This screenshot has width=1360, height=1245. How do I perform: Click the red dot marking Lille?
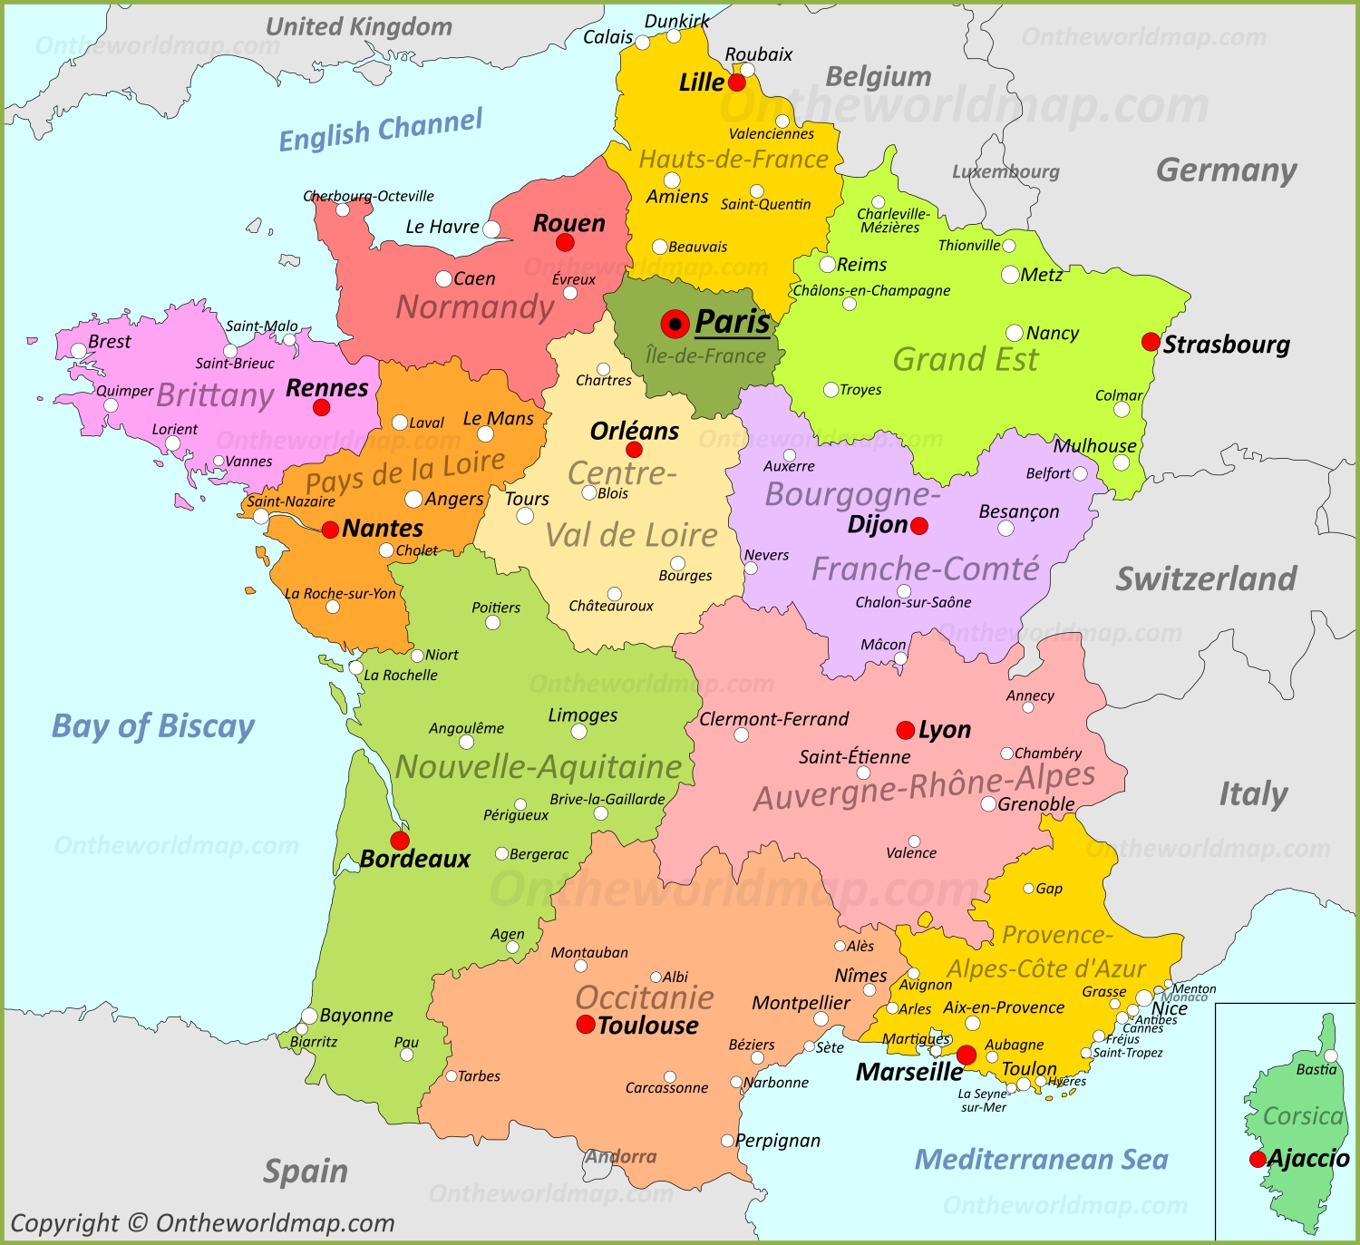(737, 83)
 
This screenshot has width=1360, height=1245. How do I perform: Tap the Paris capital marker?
(675, 324)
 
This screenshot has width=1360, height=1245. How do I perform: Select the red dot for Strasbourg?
(1151, 342)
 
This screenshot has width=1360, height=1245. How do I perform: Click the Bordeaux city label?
(415, 859)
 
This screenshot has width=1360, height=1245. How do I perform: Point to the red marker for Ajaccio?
(1258, 1159)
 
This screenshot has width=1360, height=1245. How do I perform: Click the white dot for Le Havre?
(491, 229)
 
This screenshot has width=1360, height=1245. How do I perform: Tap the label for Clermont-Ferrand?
(773, 719)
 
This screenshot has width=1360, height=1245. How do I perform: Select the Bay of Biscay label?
(153, 726)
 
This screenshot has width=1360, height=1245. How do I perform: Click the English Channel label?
(381, 131)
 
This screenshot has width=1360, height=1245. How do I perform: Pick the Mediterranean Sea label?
(1041, 1159)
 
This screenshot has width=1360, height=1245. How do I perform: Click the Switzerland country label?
(1206, 579)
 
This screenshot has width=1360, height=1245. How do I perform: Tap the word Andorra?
(621, 1157)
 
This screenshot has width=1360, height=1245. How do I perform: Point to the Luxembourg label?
(1005, 171)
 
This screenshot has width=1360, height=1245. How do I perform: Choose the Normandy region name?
(475, 307)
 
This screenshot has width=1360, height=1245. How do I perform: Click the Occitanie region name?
(645, 997)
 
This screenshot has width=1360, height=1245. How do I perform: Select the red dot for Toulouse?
(586, 1025)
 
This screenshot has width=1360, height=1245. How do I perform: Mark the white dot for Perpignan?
(727, 1141)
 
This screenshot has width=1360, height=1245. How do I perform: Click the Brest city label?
(110, 342)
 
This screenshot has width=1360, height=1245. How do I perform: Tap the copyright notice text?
(202, 1223)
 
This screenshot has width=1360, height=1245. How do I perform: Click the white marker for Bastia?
(1331, 1055)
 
